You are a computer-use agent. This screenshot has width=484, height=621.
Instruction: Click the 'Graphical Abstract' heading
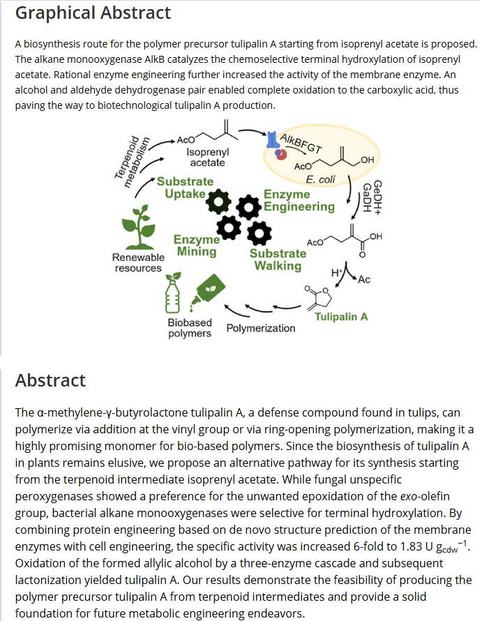tap(93, 13)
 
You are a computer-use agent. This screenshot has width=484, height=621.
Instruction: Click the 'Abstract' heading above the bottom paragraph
tap(51, 380)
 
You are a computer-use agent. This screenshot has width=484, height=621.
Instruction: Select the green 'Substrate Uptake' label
tap(185, 187)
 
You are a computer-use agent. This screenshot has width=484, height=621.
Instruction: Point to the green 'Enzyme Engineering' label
tap(298, 200)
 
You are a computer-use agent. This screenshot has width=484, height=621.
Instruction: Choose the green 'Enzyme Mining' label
tap(197, 246)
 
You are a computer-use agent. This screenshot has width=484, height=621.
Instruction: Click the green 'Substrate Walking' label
tap(278, 259)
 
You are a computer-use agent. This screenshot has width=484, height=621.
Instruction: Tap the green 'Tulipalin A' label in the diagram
tap(341, 317)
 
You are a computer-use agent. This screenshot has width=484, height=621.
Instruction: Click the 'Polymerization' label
tap(261, 328)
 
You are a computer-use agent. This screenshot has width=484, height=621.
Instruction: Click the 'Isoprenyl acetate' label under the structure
tap(208, 157)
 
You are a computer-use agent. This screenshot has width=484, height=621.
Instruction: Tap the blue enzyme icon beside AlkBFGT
tap(272, 142)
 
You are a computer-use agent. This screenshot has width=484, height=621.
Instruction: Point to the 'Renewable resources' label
tap(138, 262)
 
